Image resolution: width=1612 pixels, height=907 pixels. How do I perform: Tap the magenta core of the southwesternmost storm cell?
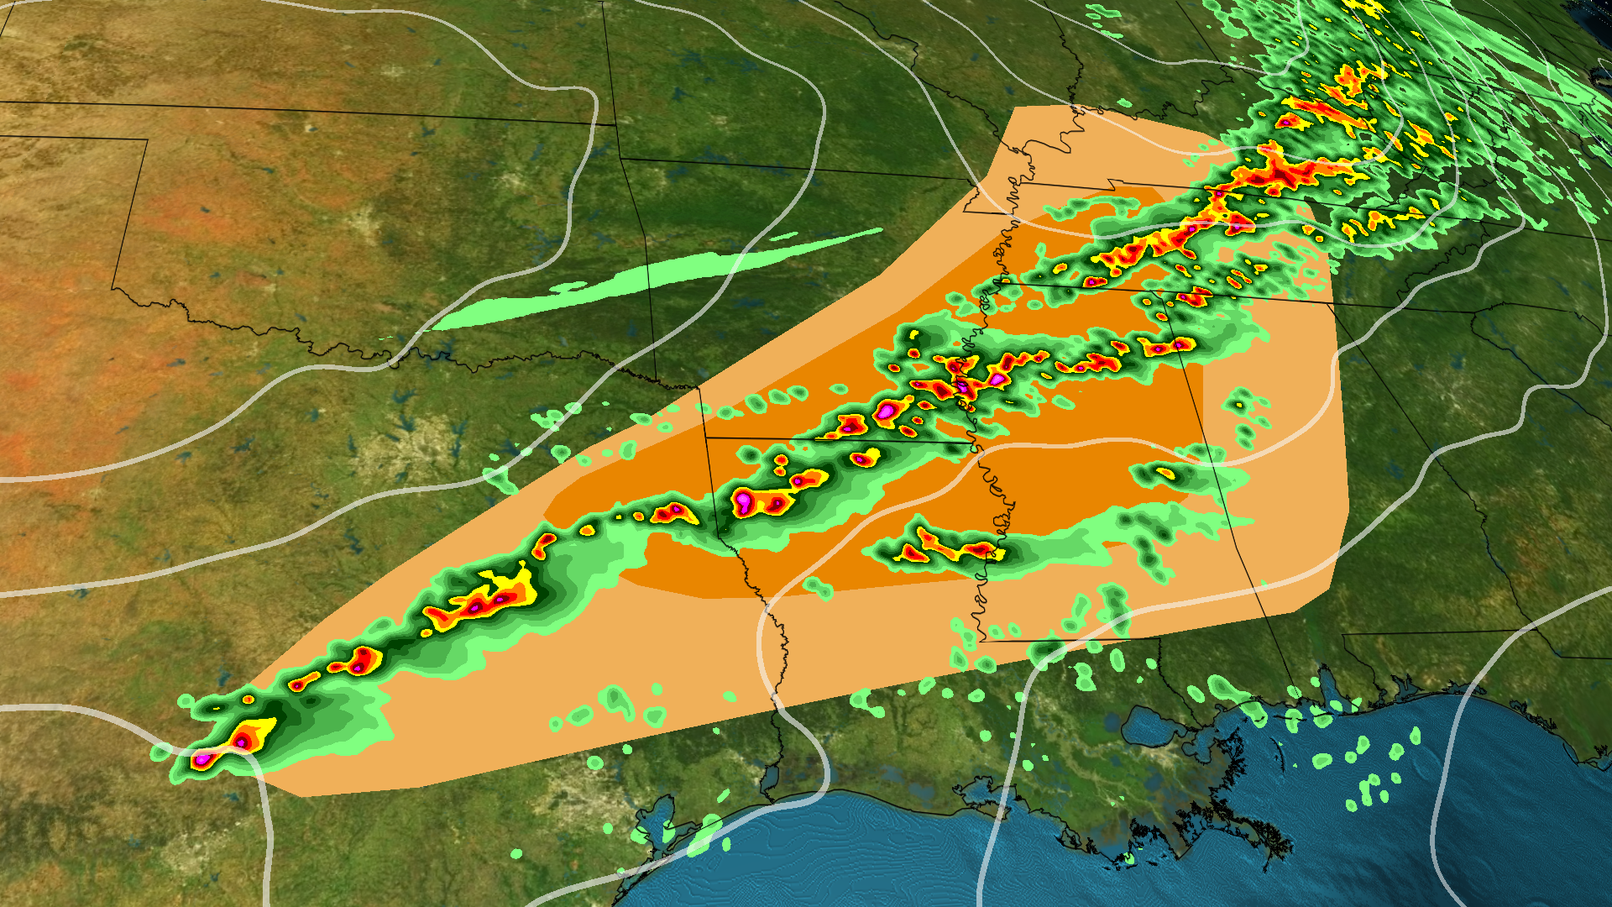click(202, 759)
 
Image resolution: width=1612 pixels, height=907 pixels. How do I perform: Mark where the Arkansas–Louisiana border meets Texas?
click(706, 438)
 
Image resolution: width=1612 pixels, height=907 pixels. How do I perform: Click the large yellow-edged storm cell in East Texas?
click(487, 600)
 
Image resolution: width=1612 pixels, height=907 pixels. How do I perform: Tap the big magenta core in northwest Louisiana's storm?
click(744, 501)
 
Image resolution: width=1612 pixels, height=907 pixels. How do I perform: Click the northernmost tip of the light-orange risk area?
click(1018, 107)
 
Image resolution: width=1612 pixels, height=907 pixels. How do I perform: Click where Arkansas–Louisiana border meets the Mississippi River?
click(974, 443)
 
